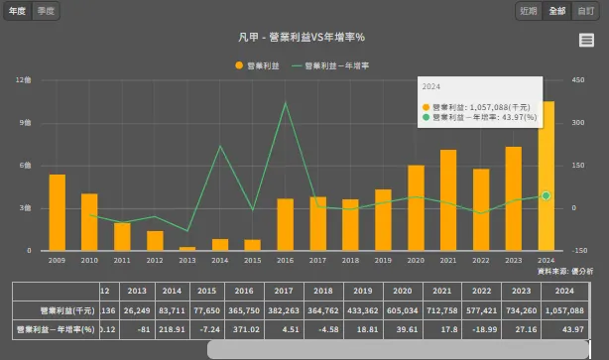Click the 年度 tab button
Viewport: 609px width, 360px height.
pyautogui.click(x=17, y=10)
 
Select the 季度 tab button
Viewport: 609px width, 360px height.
pyautogui.click(x=46, y=10)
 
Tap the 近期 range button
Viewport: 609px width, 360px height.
pyautogui.click(x=529, y=11)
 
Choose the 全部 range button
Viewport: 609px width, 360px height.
pyautogui.click(x=557, y=11)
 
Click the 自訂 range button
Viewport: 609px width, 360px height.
pyautogui.click(x=586, y=11)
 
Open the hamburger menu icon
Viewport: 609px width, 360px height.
pyautogui.click(x=586, y=40)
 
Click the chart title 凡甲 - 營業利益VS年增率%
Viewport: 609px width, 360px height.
pyautogui.click(x=303, y=38)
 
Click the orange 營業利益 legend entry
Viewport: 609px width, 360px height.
pyautogui.click(x=258, y=65)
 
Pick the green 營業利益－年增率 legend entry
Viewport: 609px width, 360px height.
pyautogui.click(x=331, y=65)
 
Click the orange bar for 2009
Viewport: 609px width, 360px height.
pyautogui.click(x=58, y=212)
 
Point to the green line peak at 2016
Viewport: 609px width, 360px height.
pyautogui.click(x=286, y=102)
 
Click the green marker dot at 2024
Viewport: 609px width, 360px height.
pyautogui.click(x=546, y=196)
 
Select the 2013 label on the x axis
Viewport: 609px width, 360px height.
pyautogui.click(x=187, y=260)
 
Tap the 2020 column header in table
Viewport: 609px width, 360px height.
pyautogui.click(x=402, y=292)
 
